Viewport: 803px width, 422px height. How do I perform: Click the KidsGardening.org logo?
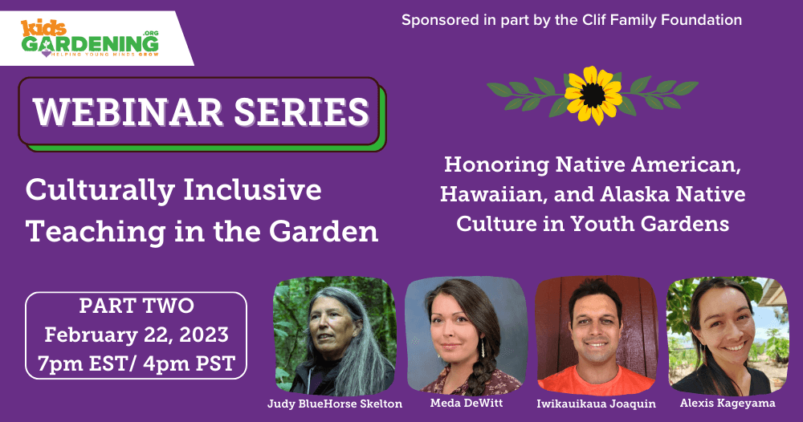pos(90,39)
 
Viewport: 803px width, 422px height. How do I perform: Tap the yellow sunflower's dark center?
pos(593,95)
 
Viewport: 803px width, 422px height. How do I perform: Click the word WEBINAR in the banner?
pos(128,112)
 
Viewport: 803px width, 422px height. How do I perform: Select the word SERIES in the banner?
pos(302,112)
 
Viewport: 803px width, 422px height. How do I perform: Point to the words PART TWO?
pos(137,306)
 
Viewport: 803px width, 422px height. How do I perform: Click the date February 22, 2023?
pos(137,335)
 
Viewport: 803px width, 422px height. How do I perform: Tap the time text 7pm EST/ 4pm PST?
pos(137,363)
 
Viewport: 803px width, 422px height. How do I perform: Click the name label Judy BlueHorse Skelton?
pos(334,404)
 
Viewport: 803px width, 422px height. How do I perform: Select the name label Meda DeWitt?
pos(466,403)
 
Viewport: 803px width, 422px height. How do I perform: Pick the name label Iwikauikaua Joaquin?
pos(596,404)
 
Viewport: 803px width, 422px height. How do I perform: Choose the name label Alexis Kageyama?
pos(728,403)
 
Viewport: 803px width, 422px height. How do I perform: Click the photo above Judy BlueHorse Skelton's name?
pos(334,335)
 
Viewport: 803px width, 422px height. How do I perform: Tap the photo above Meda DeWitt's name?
pos(466,335)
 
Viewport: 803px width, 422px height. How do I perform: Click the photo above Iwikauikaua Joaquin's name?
pos(596,335)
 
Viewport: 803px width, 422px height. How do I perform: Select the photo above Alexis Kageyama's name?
pos(728,335)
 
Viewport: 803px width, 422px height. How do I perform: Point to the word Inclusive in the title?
pos(252,190)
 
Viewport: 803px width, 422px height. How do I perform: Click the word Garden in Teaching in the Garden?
pos(324,231)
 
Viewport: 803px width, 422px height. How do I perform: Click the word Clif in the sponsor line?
pos(594,20)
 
